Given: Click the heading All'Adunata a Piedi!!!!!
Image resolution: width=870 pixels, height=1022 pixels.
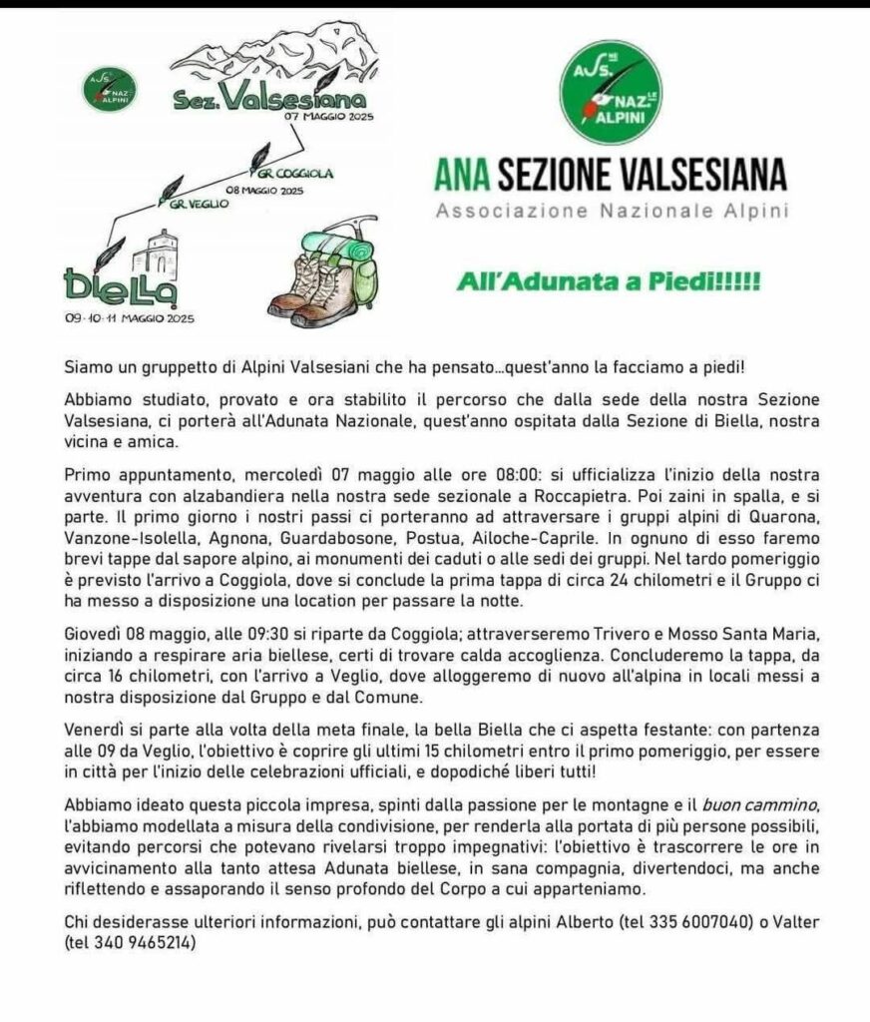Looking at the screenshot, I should click(608, 283).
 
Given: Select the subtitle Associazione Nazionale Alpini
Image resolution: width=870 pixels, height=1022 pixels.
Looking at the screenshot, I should click(610, 211).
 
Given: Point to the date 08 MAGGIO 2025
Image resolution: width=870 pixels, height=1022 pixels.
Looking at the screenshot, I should click(264, 190).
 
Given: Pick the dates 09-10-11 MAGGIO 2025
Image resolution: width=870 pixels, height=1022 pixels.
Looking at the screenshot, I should click(130, 318).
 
